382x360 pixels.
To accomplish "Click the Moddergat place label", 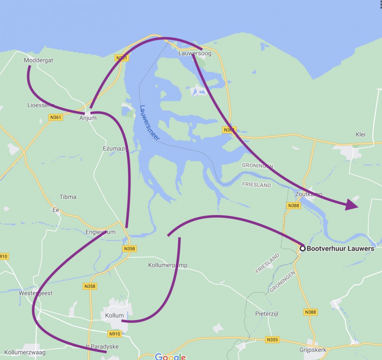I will click(38, 60).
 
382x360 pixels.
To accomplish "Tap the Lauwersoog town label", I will click(195, 53).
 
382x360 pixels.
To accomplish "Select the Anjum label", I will click(88, 118).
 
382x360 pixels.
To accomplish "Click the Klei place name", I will click(360, 134).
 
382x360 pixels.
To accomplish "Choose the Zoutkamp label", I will click(309, 194).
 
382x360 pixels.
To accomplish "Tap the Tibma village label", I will click(68, 197).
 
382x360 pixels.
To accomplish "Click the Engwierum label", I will click(100, 232).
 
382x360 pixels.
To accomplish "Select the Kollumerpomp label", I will click(168, 265).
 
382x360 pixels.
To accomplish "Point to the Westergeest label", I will click(36, 293).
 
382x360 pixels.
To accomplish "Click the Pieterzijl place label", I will click(267, 313).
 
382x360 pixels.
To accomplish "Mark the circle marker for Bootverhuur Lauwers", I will click(303, 249).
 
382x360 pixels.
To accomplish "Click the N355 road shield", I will click(272, 339).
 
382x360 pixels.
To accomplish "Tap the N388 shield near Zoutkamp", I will click(294, 205).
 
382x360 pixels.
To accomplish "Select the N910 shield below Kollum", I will click(115, 334).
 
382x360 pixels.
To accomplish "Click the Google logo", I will click(170, 357).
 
